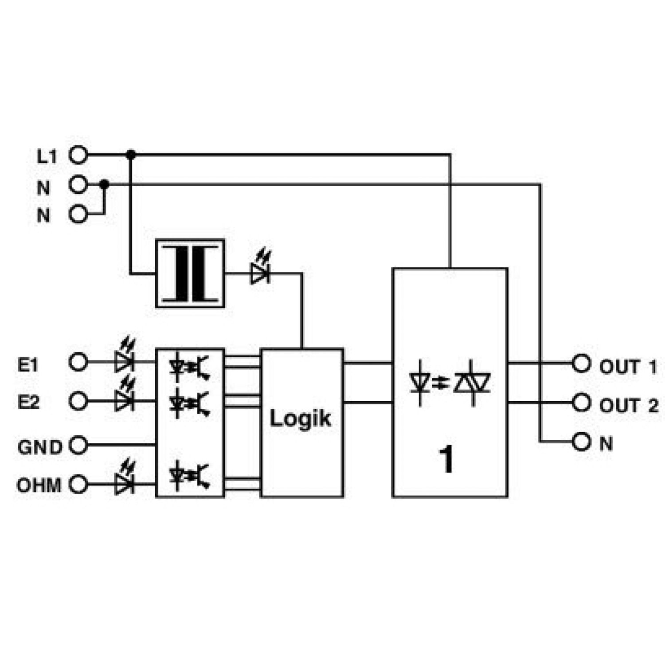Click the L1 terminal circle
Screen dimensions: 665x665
point(78,155)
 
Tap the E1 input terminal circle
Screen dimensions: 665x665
point(78,362)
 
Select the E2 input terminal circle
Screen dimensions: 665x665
point(78,401)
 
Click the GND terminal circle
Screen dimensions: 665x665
point(78,445)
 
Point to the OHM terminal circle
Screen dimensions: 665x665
point(78,484)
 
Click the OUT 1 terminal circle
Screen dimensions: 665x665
point(581,364)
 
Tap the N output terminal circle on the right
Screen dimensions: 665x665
point(581,442)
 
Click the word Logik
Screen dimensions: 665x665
point(301,419)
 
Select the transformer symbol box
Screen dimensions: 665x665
point(190,274)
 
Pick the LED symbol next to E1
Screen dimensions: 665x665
point(125,356)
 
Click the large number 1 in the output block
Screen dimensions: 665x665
point(446,460)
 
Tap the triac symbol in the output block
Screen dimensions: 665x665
point(472,383)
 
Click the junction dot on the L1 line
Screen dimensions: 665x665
point(130,155)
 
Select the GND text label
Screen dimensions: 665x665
point(40,447)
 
